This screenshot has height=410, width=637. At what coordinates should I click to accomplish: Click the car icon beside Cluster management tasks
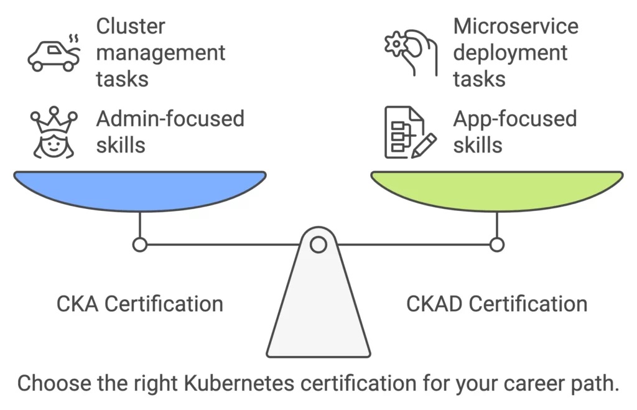tap(53, 55)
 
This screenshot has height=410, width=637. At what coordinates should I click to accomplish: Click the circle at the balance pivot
tap(318, 244)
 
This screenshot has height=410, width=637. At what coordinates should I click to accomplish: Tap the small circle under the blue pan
tap(140, 245)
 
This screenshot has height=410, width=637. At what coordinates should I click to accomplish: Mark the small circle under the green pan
tap(496, 245)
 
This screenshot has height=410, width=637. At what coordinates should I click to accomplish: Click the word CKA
tap(78, 304)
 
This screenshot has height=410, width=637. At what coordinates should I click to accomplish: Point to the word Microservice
tap(516, 26)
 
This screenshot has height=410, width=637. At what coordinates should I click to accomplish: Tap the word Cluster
tap(131, 26)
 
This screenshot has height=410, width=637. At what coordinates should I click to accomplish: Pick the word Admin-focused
tap(170, 118)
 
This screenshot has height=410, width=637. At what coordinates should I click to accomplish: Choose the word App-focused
tap(515, 118)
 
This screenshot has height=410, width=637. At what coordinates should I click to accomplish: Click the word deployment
tap(510, 53)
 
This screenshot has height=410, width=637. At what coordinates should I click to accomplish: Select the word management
tap(160, 53)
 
